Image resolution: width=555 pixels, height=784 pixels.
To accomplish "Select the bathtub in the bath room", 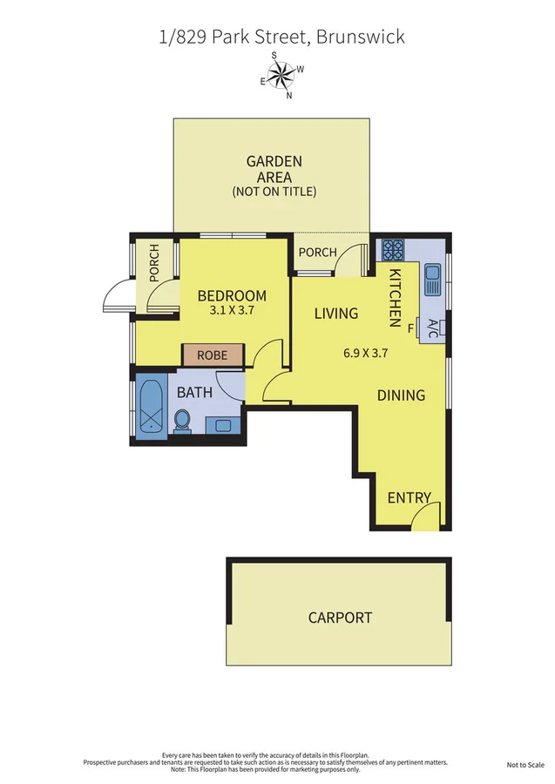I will click(151, 405).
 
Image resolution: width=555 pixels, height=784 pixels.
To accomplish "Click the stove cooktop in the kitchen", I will click(392, 250).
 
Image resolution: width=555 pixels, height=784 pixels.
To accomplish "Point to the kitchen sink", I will click(432, 280).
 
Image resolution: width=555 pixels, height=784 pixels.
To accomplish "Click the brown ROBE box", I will click(212, 355).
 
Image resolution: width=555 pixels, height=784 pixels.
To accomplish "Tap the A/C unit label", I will click(432, 328).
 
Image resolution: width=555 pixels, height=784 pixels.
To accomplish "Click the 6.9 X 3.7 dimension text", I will click(366, 354).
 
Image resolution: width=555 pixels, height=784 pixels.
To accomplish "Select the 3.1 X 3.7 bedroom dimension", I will click(232, 309).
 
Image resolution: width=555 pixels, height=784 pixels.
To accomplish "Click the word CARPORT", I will click(340, 618).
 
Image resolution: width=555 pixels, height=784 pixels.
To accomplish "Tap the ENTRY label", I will click(409, 498).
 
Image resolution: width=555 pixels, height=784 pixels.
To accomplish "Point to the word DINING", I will click(401, 395).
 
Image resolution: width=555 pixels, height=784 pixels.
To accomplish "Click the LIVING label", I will click(336, 314).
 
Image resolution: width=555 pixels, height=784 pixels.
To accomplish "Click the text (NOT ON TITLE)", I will click(274, 192).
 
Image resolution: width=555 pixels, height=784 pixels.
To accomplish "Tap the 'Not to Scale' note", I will click(525, 765).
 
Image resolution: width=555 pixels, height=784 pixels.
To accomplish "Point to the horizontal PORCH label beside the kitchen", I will click(316, 253).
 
